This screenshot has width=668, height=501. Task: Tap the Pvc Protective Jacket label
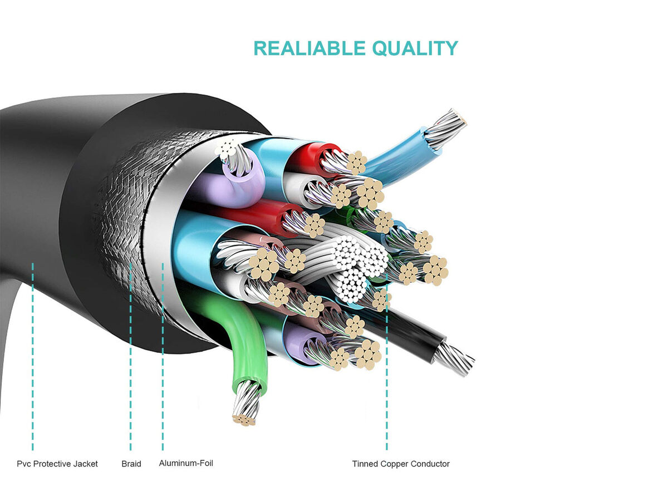(57, 464)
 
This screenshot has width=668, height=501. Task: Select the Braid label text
(131, 464)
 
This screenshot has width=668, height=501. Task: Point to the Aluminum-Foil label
(186, 463)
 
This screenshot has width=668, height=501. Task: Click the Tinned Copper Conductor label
(401, 464)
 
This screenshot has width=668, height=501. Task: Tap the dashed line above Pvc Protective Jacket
(33, 356)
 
